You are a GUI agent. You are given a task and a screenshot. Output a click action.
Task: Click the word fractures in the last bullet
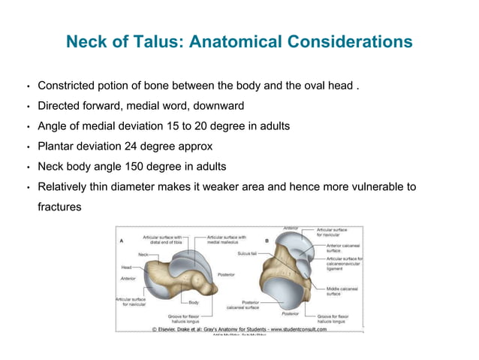coord(59,204)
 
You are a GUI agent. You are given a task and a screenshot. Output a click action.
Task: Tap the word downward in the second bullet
coord(217,105)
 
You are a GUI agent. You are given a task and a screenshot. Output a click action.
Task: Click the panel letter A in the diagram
coord(122,241)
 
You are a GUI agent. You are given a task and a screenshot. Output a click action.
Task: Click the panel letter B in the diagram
coord(267,241)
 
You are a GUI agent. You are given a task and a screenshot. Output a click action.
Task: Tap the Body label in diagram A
coord(194,302)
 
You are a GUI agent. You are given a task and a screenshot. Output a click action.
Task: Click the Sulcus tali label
coord(248,254)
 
